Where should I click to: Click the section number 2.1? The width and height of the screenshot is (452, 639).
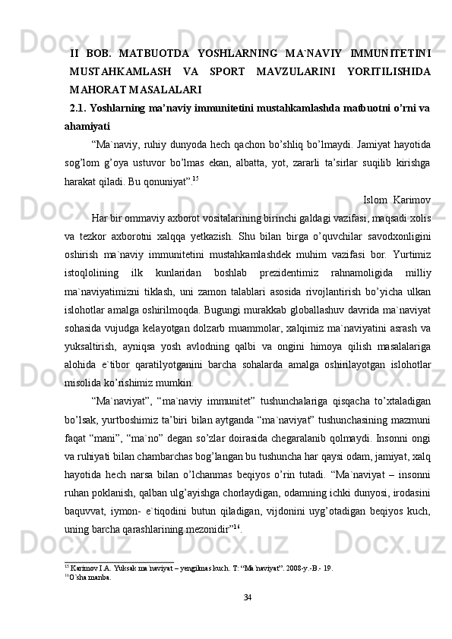[77, 108]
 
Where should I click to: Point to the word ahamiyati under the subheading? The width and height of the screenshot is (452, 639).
[87, 126]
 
